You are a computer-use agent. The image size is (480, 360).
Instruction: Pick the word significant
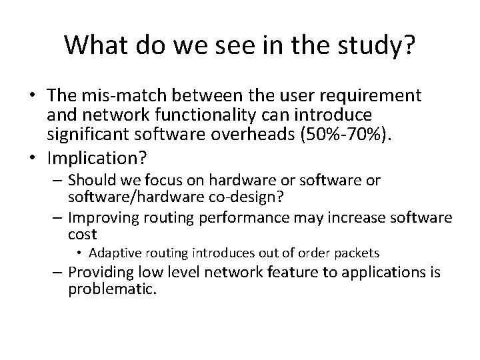(89, 136)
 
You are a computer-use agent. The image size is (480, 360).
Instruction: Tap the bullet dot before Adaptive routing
(79, 253)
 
